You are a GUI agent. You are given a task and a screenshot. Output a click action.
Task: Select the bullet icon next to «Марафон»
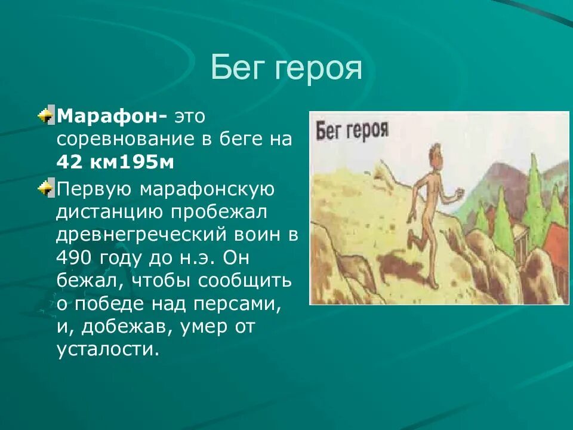click(46, 115)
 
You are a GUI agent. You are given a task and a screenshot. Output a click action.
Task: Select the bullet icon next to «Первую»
click(46, 189)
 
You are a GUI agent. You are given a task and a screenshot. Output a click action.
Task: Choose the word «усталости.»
click(108, 349)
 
